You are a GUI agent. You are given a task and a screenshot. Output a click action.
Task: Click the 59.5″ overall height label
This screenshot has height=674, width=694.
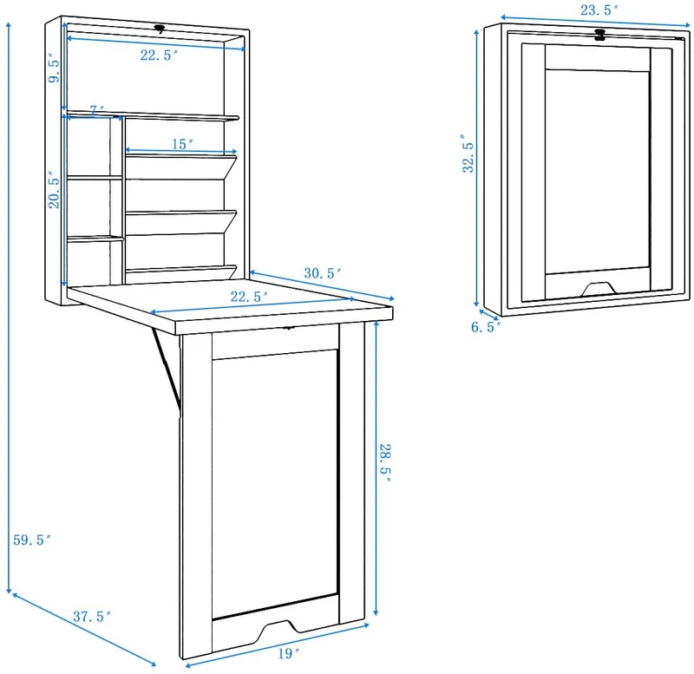pos(32,540)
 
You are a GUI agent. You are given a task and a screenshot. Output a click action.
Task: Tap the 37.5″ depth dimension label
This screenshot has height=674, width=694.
pos(92,616)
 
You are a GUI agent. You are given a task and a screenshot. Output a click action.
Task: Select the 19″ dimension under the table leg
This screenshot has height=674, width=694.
pos(289,653)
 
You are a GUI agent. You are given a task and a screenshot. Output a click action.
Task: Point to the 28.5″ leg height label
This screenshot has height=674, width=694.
pos(385,463)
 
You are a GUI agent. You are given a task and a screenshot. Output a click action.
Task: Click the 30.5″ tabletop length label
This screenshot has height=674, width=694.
pos(323,273)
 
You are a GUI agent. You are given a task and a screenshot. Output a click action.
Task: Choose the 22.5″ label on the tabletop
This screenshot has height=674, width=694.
pos(249,297)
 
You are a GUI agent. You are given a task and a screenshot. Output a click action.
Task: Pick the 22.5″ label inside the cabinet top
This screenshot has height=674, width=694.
pos(160,55)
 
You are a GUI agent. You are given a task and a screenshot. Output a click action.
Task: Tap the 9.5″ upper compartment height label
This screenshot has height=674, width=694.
pos(54,68)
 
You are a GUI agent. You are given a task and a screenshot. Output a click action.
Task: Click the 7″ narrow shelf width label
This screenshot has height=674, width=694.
pos(97,110)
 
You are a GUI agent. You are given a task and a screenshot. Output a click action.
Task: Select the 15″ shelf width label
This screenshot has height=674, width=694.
pos(183,144)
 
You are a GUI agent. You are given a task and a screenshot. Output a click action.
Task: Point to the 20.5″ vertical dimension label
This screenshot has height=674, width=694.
pos(54,190)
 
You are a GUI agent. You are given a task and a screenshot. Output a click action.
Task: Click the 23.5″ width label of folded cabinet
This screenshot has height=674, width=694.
pos(599,10)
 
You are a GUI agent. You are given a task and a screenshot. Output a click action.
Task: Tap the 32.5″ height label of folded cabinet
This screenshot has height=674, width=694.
pos(468,154)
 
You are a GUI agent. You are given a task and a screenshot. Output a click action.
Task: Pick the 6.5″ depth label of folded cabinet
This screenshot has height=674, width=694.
pos(486,327)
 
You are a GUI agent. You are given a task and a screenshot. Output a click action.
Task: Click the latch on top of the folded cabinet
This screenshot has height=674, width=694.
pos(600,35)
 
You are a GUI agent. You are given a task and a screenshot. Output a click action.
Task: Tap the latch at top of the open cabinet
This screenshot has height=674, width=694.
pos(160,29)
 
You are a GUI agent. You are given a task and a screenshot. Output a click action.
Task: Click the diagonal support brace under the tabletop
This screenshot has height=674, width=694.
pos(166,368)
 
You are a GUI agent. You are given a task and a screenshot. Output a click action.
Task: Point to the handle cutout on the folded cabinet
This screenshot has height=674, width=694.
pos(598,289)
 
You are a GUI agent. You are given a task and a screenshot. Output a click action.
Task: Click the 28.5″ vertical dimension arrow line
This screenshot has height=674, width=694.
pos(376,468)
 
